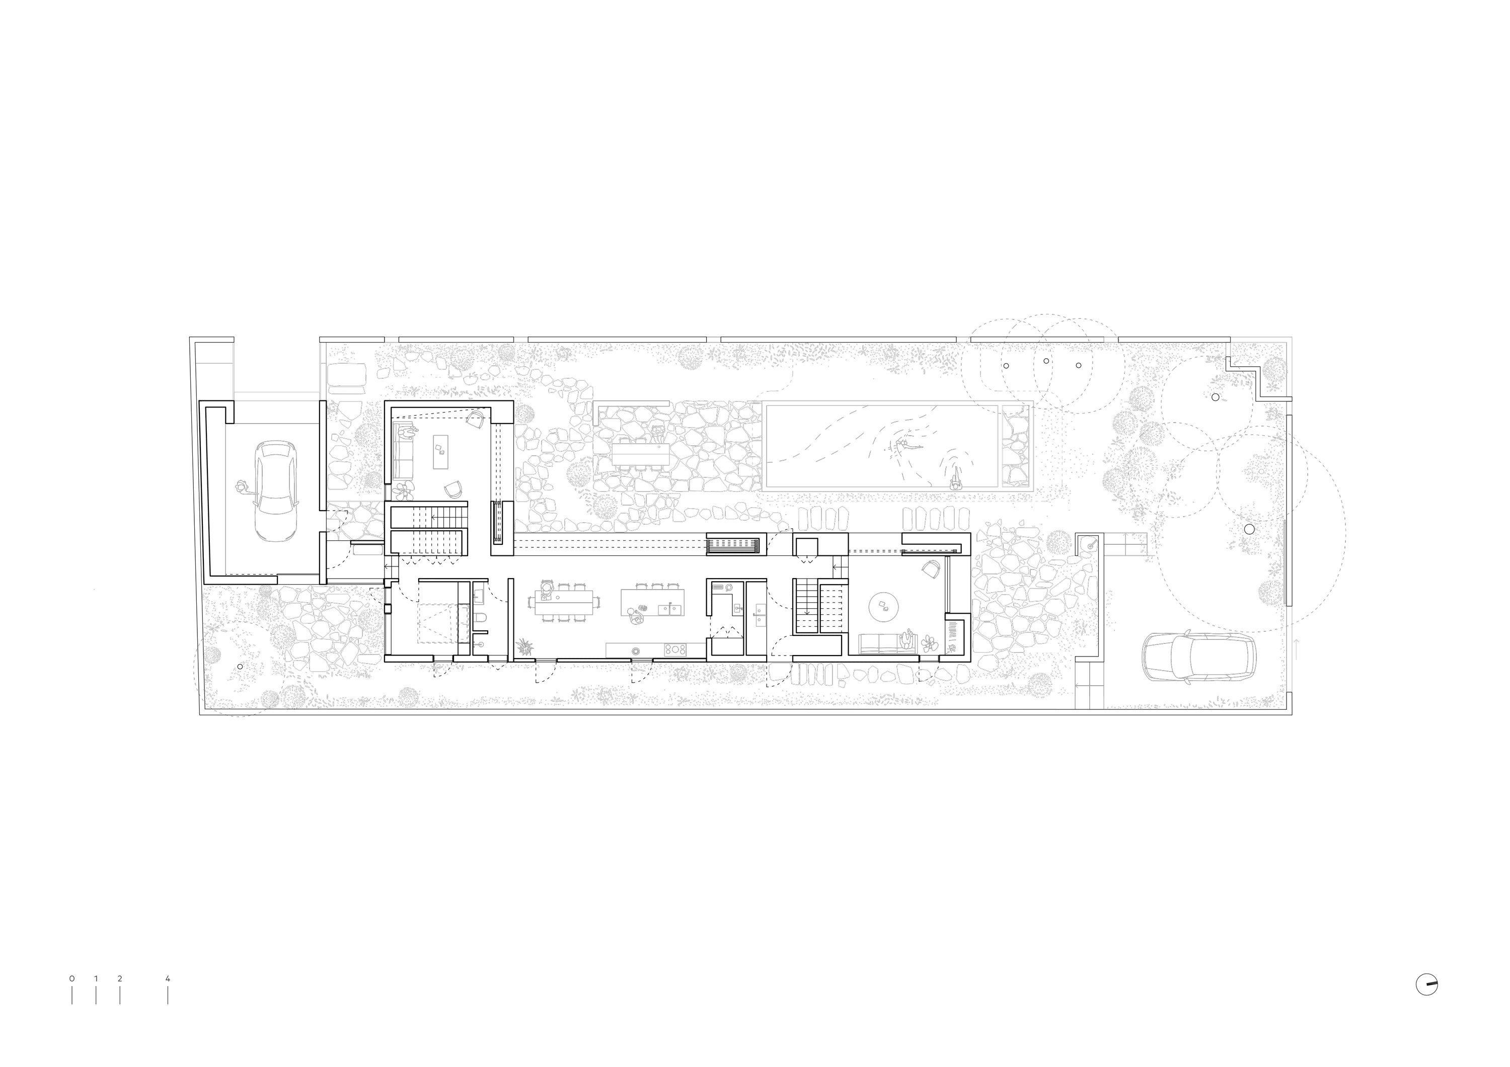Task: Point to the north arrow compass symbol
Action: click(1426, 1003)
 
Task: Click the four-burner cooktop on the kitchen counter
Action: click(675, 649)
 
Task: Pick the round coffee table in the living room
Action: click(884, 605)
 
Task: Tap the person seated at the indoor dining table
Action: click(545, 589)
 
